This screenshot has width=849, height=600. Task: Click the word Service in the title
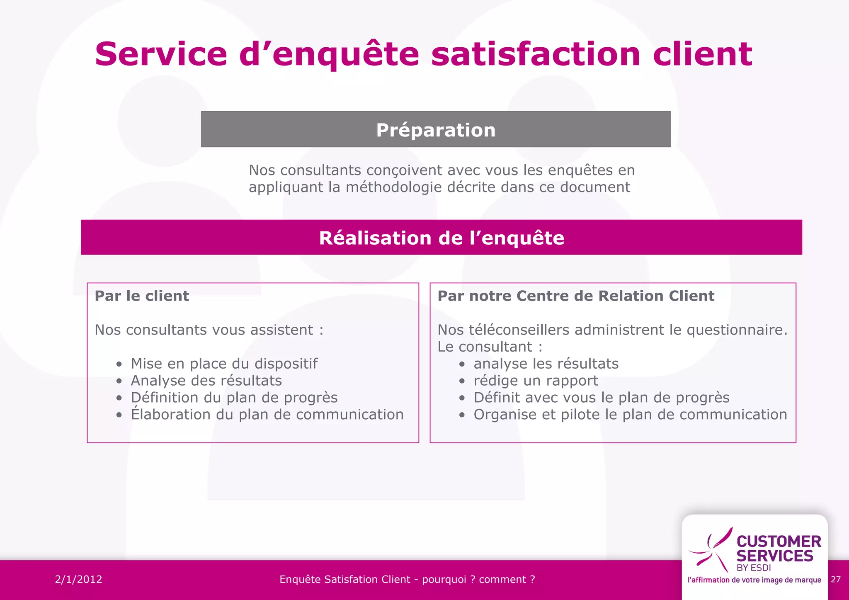[161, 54]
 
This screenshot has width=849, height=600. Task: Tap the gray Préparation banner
[436, 129]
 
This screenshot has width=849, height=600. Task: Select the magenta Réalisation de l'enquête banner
[441, 238]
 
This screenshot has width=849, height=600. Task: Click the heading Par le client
[142, 296]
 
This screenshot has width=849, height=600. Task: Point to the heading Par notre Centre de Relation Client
[576, 296]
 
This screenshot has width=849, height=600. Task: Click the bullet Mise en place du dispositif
[224, 364]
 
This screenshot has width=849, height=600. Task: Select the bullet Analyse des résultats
[206, 381]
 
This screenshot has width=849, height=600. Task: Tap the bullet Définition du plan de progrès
[234, 398]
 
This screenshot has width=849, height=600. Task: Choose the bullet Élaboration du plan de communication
[267, 415]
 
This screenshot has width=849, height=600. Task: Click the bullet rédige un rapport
[536, 381]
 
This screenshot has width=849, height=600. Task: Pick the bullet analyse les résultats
[546, 364]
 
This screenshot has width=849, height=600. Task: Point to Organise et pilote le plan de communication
[630, 415]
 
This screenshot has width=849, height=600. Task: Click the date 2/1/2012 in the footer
[78, 579]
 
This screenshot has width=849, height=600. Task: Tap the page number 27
[836, 579]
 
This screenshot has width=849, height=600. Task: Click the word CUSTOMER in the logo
[779, 542]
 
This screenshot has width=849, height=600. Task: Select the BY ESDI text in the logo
[754, 568]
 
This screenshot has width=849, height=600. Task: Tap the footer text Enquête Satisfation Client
[344, 579]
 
